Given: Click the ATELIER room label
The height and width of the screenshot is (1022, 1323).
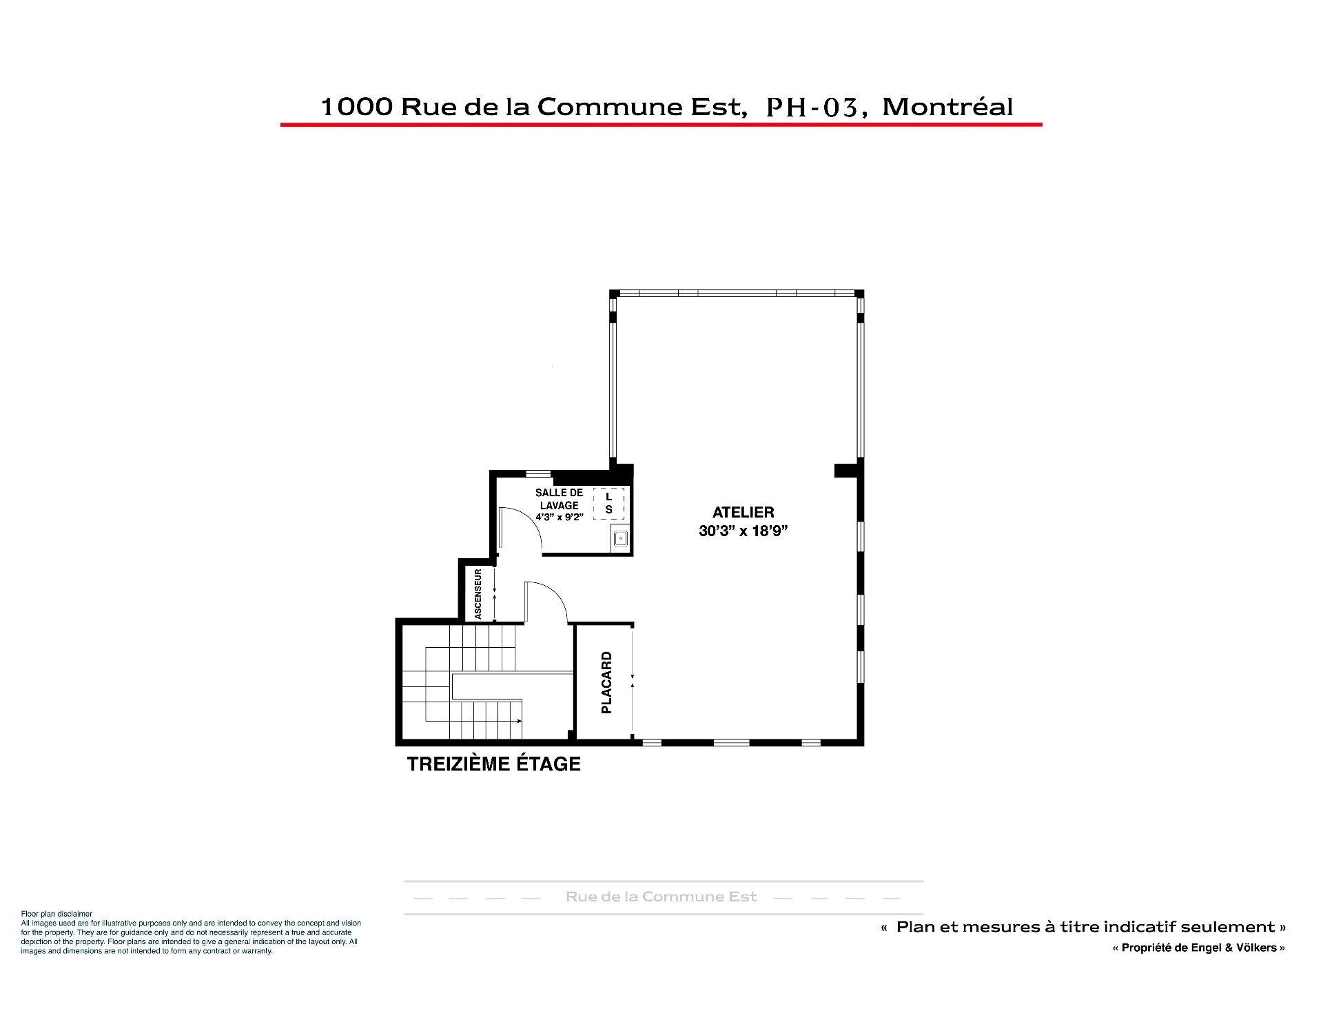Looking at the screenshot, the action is point(743,512).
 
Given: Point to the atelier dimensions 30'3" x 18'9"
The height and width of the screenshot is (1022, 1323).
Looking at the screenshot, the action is point(743,531).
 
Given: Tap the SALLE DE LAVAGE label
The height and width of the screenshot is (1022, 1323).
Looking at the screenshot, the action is point(559,499).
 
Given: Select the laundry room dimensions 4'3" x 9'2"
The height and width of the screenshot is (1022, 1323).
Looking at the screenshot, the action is point(559,517).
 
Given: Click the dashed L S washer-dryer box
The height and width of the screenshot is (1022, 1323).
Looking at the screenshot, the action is point(608,503).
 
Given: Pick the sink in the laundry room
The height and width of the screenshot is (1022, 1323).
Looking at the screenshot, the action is point(620,539).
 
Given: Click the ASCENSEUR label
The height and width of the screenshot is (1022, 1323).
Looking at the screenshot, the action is point(478,593).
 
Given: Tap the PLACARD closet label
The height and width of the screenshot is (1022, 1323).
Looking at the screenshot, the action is point(606,682).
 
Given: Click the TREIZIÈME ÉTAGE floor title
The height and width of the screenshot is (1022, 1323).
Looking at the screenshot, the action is point(493,764).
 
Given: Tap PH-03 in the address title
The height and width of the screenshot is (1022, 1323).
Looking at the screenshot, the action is point(815,108).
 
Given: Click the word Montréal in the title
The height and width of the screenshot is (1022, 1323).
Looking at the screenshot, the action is point(947,107).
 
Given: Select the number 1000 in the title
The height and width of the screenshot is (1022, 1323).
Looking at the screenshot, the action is point(356,107).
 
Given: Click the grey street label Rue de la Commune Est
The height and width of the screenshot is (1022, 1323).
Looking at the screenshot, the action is point(661,897).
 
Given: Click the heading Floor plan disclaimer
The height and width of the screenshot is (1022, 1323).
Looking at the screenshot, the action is point(57,914).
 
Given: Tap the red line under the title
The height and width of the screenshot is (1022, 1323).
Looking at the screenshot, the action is point(661,125).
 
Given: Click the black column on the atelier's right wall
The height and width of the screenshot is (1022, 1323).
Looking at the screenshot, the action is point(848,470).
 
